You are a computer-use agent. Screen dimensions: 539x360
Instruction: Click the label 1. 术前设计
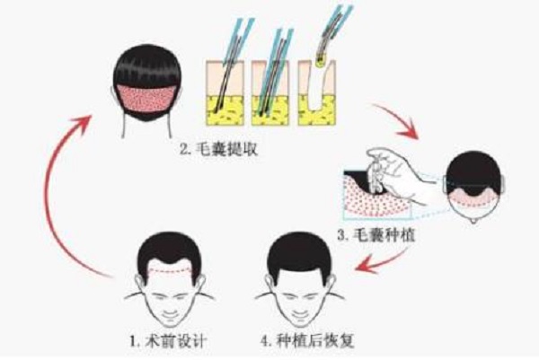pyautogui.click(x=168, y=341)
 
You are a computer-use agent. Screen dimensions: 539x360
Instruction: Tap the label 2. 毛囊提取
pyautogui.click(x=219, y=149)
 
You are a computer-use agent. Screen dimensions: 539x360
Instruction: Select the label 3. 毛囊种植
pyautogui.click(x=376, y=235)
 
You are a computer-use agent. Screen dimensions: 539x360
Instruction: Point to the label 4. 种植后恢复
pyautogui.click(x=307, y=341)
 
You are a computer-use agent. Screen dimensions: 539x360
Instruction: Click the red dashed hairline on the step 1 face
pyautogui.click(x=169, y=270)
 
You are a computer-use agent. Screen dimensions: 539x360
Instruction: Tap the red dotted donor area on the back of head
pyautogui.click(x=146, y=98)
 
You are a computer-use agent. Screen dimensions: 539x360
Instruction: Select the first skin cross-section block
pyautogui.click(x=225, y=93)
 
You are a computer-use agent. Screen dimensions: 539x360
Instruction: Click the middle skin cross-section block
pyautogui.click(x=270, y=93)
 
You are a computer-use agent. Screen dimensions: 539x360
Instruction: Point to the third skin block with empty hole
pyautogui.click(x=316, y=93)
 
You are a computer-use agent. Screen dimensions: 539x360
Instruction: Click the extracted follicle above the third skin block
pyautogui.click(x=322, y=59)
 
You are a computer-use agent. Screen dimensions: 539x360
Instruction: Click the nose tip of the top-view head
pyautogui.click(x=474, y=221)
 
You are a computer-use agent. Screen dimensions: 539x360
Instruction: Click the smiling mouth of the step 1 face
pyautogui.click(x=170, y=314)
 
